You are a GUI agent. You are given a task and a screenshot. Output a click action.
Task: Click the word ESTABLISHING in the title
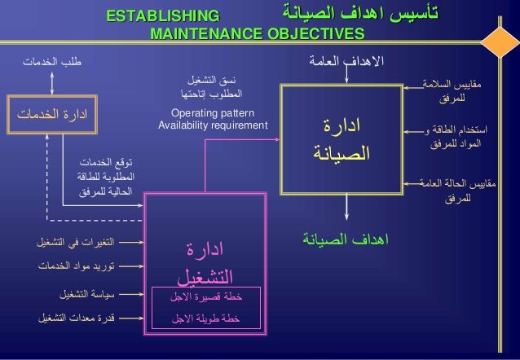point(163,15)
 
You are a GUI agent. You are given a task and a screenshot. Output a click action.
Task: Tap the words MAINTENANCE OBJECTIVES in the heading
point(257,33)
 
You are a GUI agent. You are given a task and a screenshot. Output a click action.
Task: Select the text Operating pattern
point(213,112)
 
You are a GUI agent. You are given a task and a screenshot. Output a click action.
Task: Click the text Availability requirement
point(213,125)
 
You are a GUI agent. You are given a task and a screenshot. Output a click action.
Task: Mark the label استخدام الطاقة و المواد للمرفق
point(460,138)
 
